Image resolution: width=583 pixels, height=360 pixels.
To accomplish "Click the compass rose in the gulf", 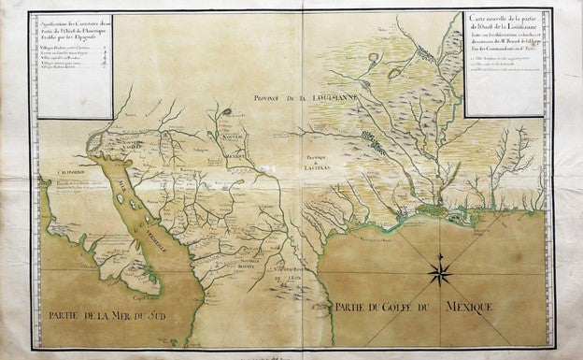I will click(x=440, y=273).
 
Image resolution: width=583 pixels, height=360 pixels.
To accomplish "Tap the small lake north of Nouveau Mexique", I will click(x=226, y=113).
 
